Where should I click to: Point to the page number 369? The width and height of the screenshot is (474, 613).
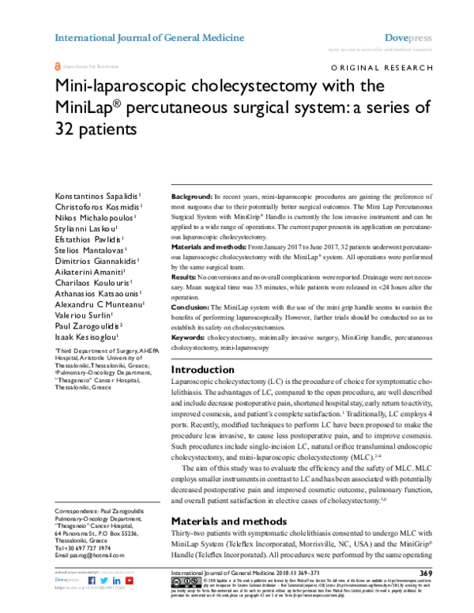[x=426, y=573]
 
